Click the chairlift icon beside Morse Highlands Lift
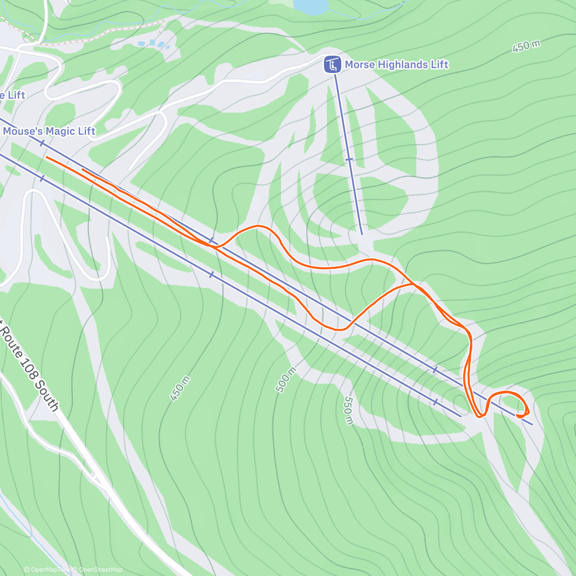(x=332, y=64)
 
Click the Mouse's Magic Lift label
(x=49, y=131)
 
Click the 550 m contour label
(x=348, y=410)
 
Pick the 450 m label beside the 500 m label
(x=180, y=389)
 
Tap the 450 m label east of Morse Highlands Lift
(x=526, y=46)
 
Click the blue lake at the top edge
(x=311, y=6)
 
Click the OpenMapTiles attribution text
(x=48, y=570)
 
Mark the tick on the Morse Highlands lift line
(x=349, y=159)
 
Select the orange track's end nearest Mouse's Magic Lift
(x=47, y=157)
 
